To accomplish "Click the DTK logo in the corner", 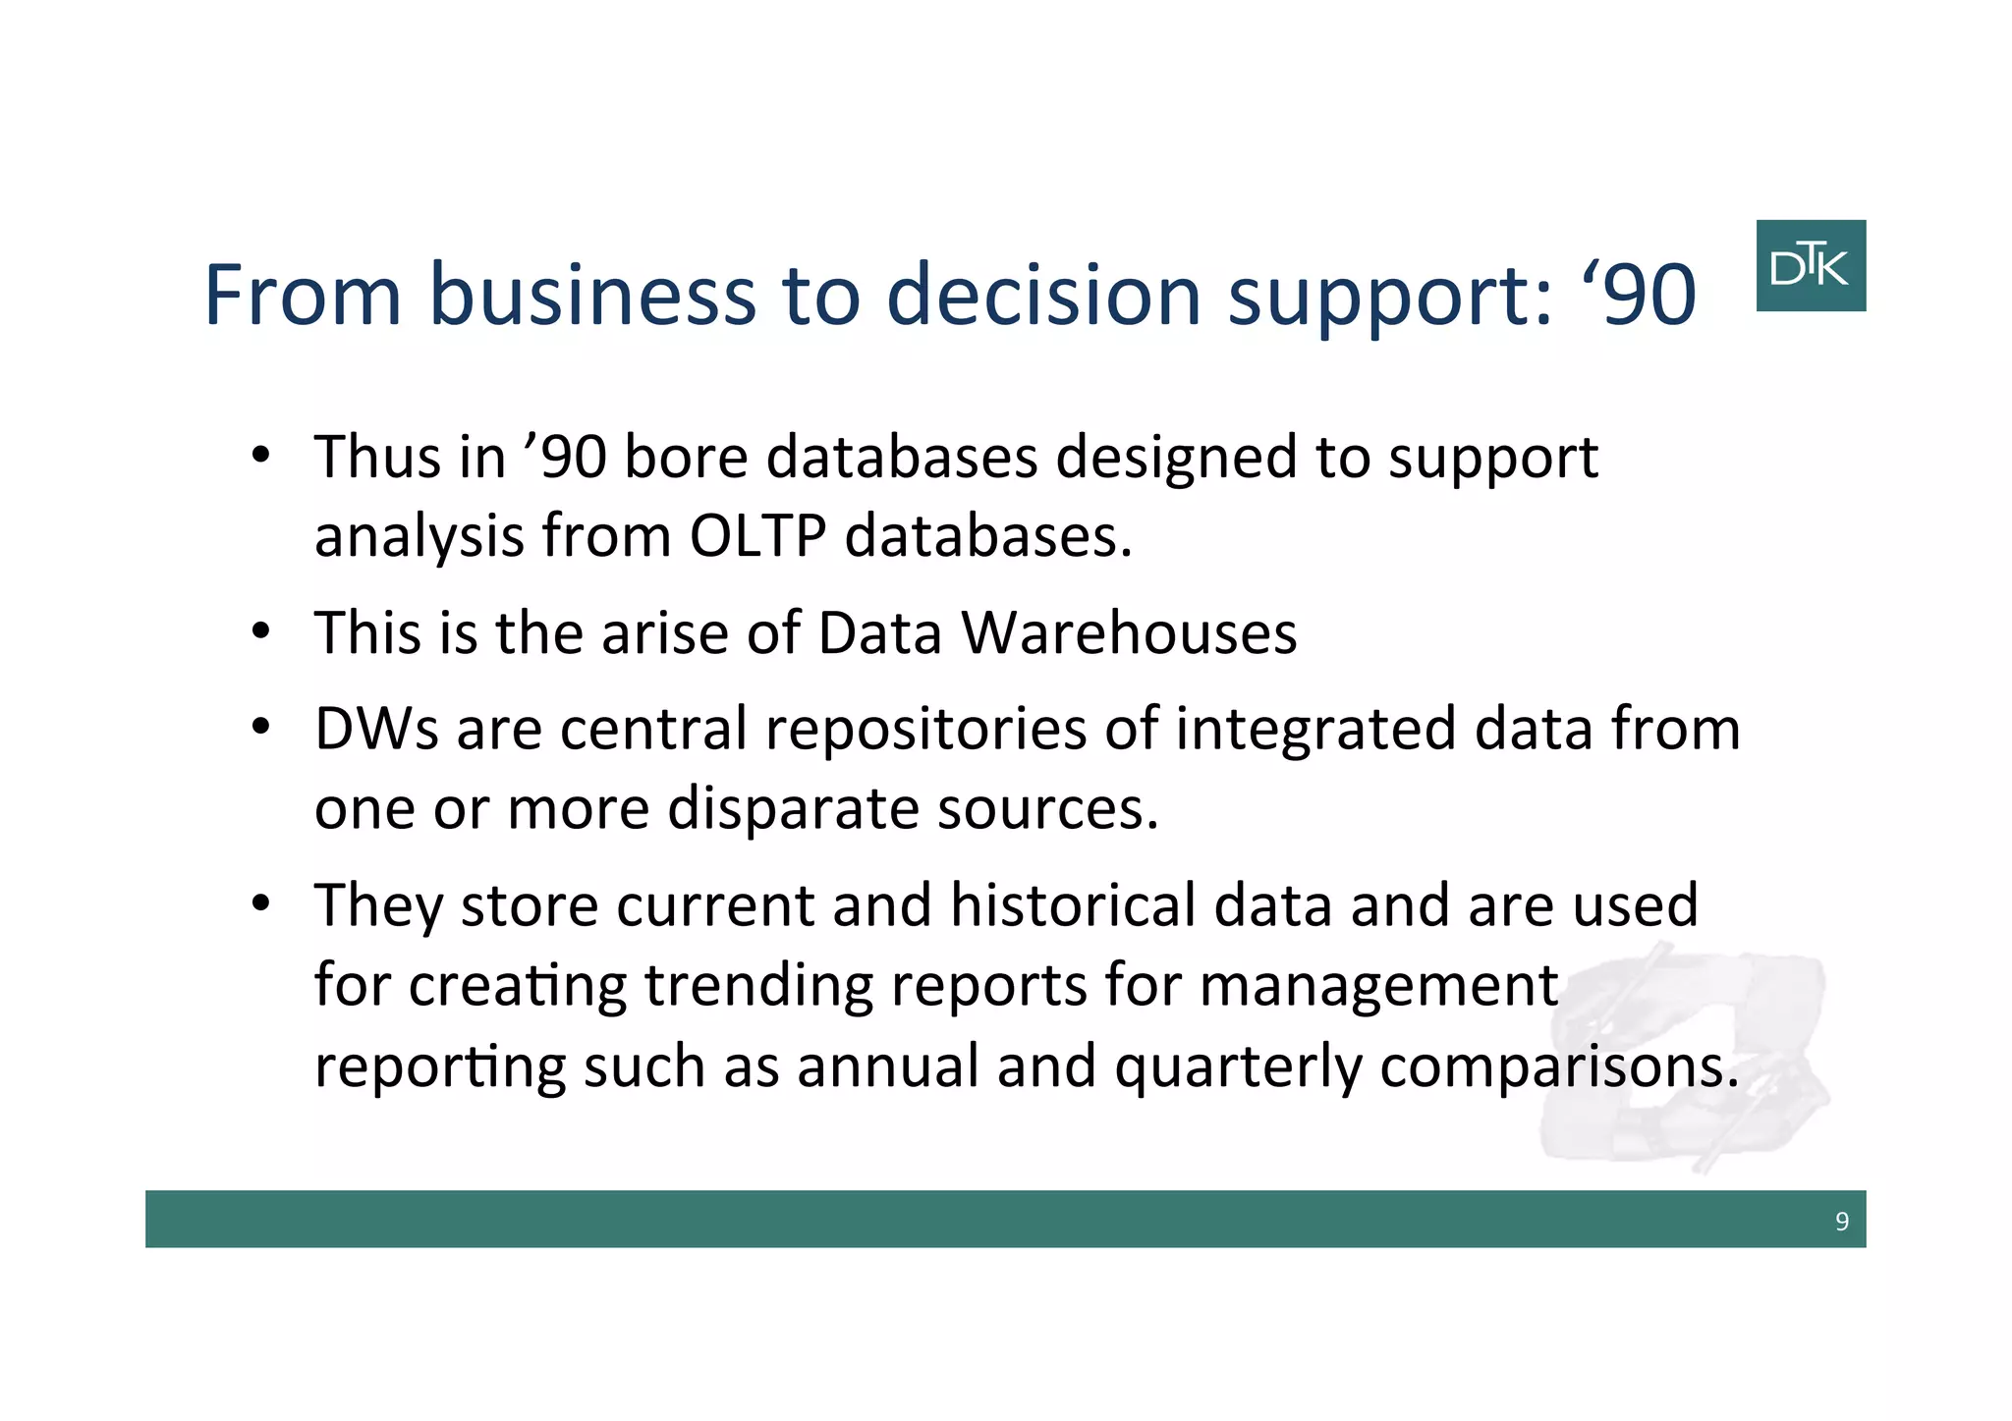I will tap(1810, 265).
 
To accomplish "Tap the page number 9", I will tap(1841, 1221).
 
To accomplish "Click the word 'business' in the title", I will tap(592, 295).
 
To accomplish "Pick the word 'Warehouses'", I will tap(1129, 632).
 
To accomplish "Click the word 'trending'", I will tap(758, 986).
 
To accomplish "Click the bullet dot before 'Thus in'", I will tap(259, 456).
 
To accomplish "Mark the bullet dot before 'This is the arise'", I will tap(259, 631).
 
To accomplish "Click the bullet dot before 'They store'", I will tap(259, 903).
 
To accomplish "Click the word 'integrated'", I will tap(1314, 731).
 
